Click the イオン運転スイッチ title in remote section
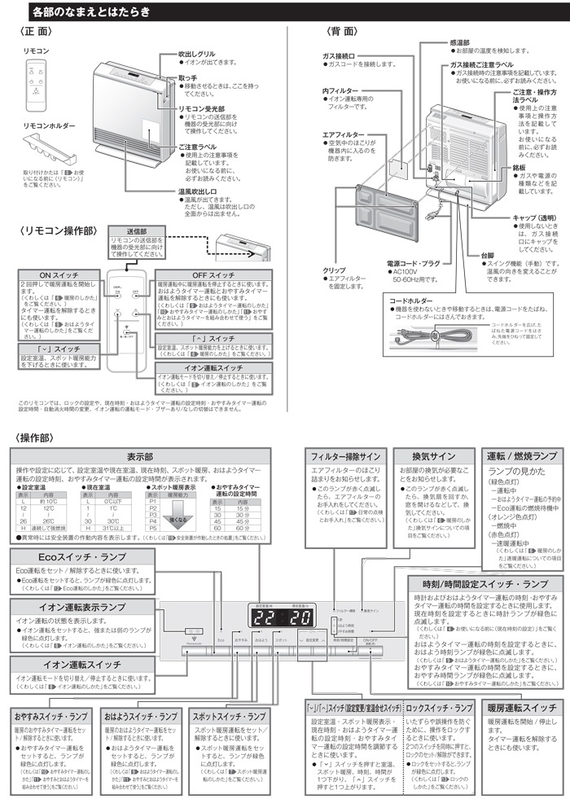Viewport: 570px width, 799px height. (x=209, y=369)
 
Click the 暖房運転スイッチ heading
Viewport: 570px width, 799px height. (x=520, y=708)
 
